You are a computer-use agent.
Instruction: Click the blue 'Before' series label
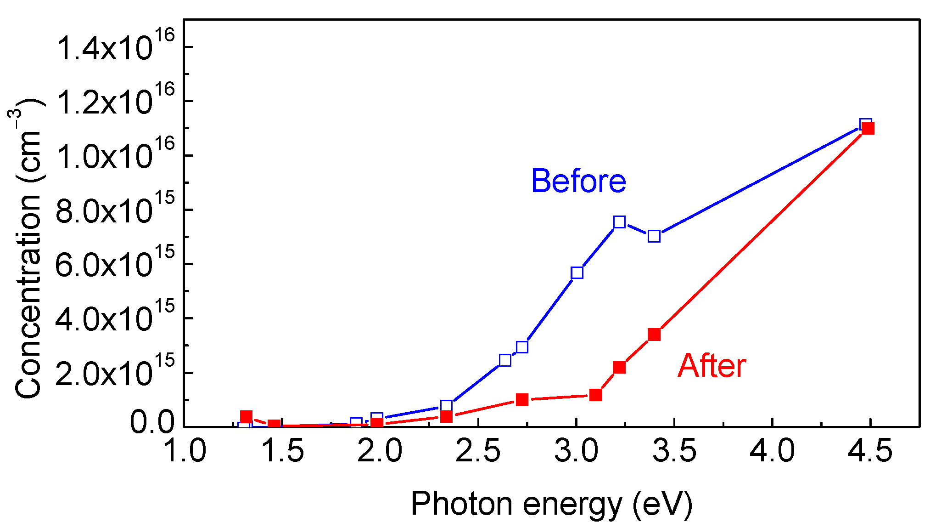[578, 181]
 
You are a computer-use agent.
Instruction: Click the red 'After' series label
[712, 366]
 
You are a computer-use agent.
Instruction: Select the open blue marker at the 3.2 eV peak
[619, 222]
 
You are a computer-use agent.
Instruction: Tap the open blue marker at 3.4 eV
[654, 236]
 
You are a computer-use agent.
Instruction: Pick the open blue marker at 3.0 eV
[577, 273]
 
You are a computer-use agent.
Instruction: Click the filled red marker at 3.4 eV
[654, 335]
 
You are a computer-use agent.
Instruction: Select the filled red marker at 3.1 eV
[596, 395]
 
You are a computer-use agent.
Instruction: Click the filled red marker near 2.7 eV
[522, 399]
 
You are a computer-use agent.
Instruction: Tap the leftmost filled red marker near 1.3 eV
[247, 417]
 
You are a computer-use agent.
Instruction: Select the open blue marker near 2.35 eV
[446, 405]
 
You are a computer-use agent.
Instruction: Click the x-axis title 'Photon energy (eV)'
[551, 504]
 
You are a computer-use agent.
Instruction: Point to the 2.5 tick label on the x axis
[478, 451]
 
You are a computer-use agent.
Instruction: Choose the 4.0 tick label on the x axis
[772, 451]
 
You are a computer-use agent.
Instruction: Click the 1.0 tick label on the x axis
[185, 451]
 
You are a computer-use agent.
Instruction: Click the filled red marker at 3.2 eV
[619, 367]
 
